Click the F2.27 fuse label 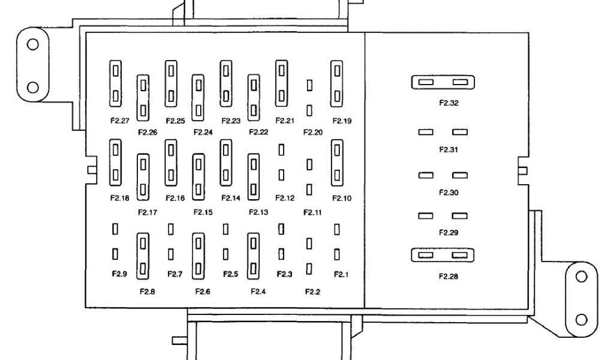(x=120, y=121)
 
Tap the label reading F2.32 (x=449, y=103)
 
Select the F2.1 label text (x=340, y=274)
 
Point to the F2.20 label (x=312, y=131)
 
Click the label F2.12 (x=284, y=198)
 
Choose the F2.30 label (x=449, y=193)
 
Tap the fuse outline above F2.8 (x=143, y=254)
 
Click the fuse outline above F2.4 (x=254, y=254)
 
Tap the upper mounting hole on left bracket (x=34, y=44)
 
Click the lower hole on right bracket (x=580, y=318)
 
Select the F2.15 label (x=203, y=211)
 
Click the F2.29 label (x=449, y=233)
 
